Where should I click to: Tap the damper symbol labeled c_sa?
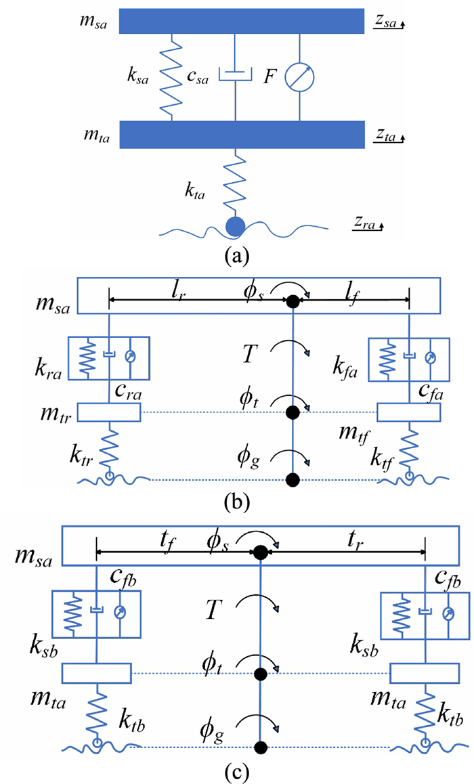[236, 72]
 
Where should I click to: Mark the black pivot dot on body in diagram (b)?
[293, 302]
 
